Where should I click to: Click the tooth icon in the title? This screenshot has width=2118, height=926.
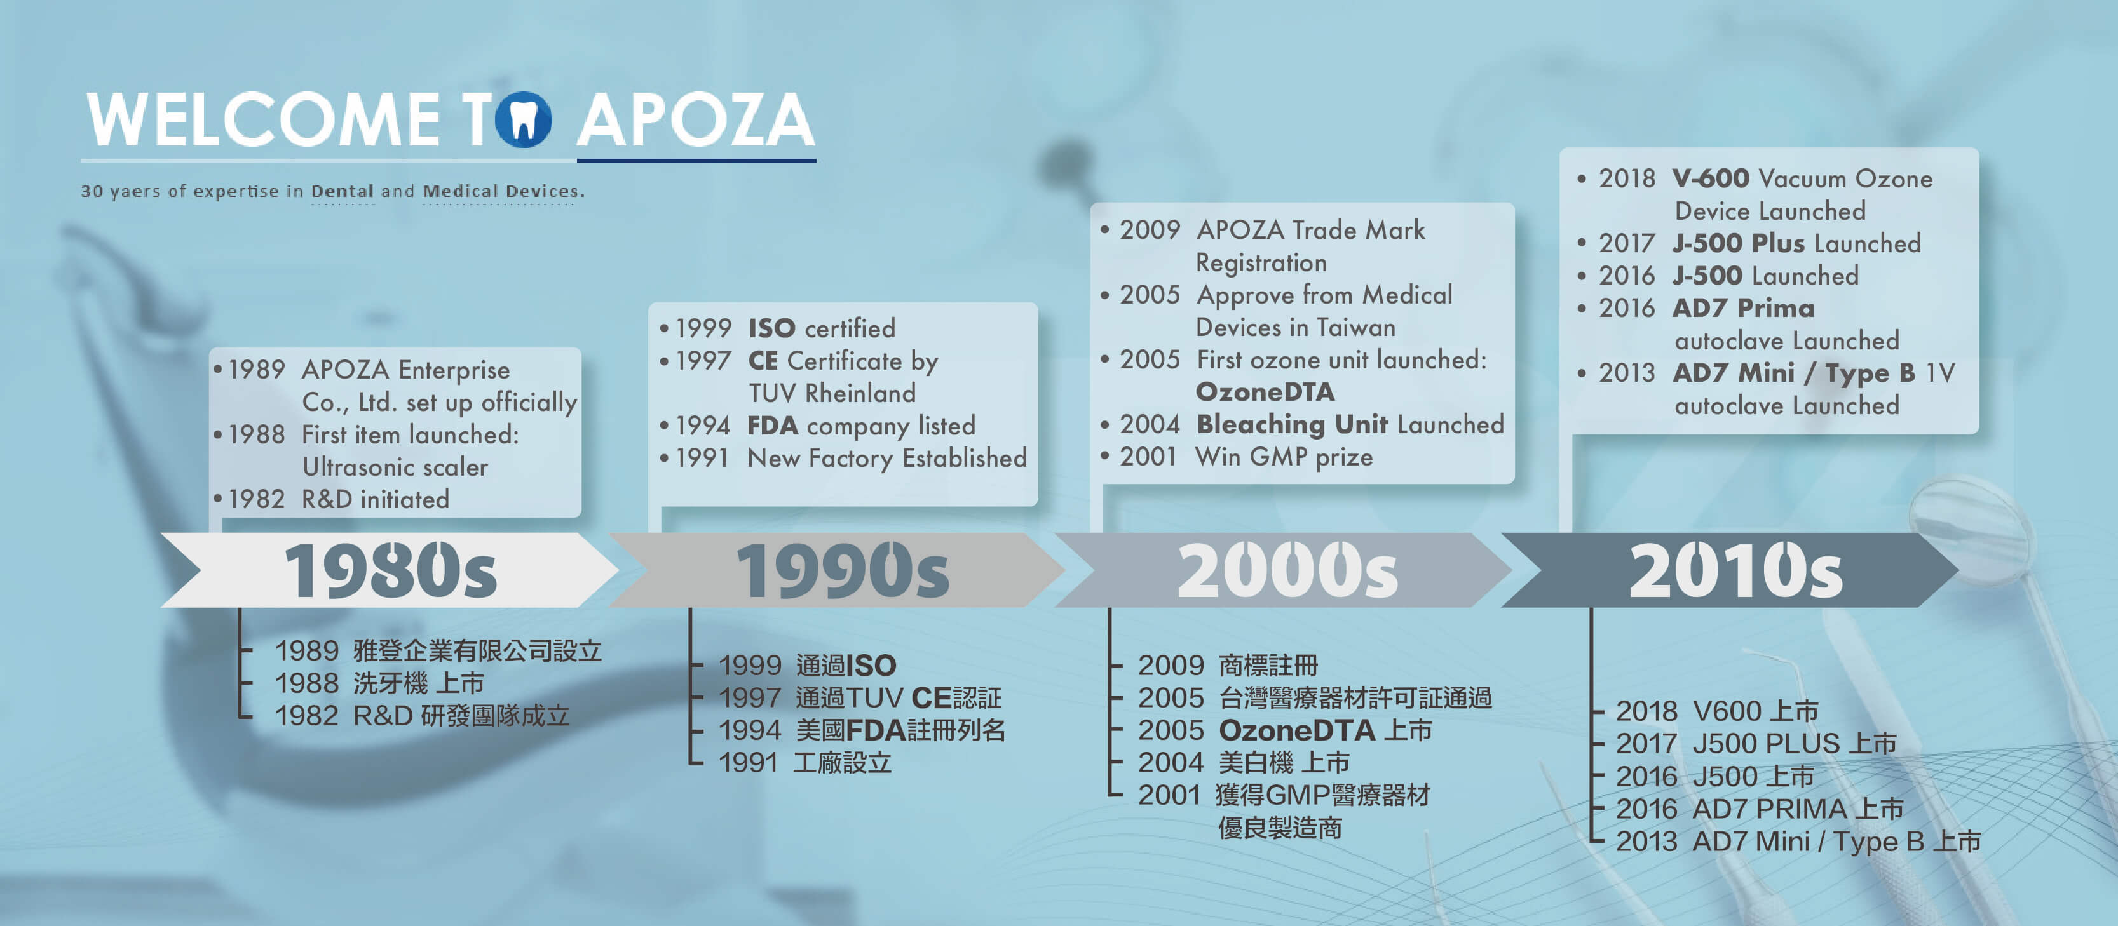(x=524, y=120)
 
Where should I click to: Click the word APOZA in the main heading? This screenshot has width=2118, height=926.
(x=696, y=120)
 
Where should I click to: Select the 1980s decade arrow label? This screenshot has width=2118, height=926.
(x=391, y=570)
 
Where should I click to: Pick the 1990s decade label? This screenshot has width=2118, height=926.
(x=843, y=570)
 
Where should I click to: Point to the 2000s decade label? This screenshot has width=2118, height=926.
(x=1287, y=570)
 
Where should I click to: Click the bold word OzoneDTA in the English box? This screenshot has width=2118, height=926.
(x=1265, y=392)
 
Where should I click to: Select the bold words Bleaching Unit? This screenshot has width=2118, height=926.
(x=1293, y=424)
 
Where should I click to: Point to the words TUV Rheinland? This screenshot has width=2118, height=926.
(x=832, y=393)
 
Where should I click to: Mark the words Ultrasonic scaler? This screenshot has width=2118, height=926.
(x=395, y=467)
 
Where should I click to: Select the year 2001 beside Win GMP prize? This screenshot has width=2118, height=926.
(x=1148, y=457)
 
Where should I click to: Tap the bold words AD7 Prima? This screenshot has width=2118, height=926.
(x=1744, y=308)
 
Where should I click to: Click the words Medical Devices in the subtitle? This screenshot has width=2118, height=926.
(x=500, y=191)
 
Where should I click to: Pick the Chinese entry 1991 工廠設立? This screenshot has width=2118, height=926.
(x=805, y=763)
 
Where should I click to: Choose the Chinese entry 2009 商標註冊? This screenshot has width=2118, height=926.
(x=1228, y=665)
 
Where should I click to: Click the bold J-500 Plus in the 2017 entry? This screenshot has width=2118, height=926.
(x=1739, y=243)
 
